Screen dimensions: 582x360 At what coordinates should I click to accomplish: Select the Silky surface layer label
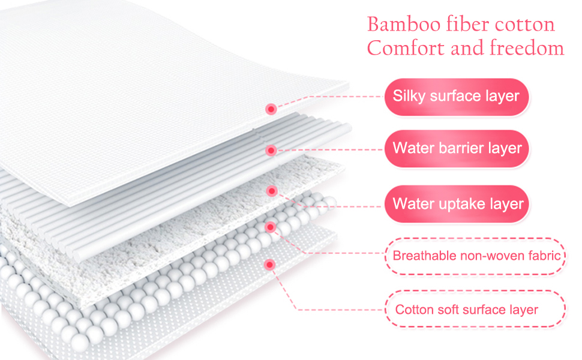pos(456,96)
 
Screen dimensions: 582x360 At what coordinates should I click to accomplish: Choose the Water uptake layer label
pos(458,203)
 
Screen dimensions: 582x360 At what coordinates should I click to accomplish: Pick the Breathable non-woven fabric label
pos(476,256)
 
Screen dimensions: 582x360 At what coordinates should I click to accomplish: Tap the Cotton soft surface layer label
pos(467,310)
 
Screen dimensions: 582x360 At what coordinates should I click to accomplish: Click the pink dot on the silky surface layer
pos(271,109)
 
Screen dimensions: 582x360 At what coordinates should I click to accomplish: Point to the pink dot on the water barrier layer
pos(271,150)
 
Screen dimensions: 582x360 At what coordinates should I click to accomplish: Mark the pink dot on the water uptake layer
pos(271,191)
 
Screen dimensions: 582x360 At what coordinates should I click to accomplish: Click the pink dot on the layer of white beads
pos(270,227)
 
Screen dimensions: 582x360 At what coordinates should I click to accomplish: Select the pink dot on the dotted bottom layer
pos(270,263)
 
